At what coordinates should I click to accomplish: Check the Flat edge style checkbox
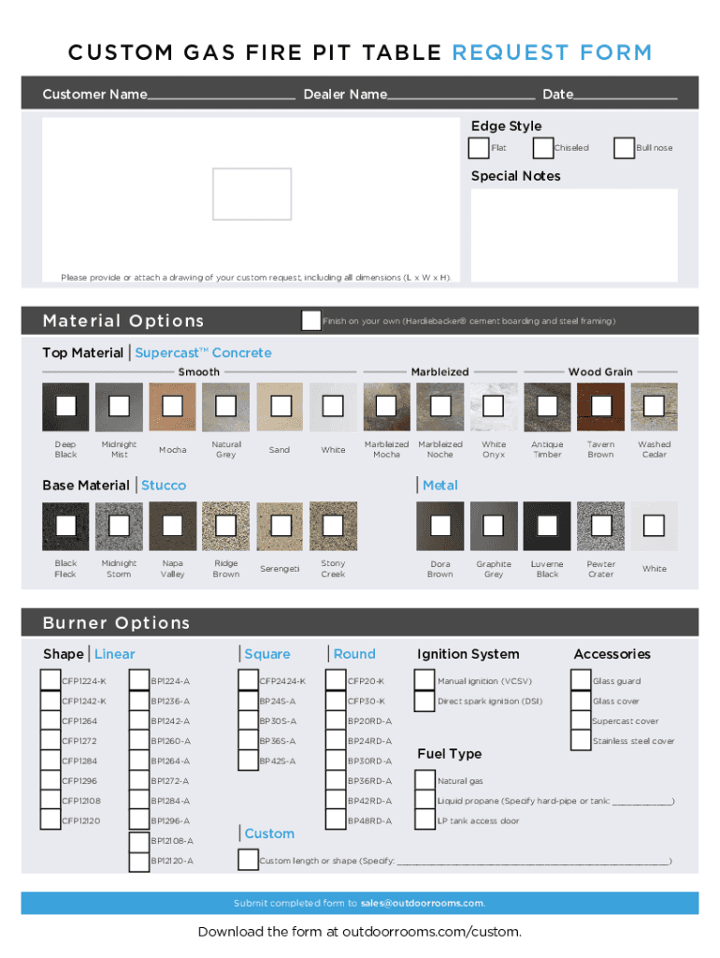(479, 148)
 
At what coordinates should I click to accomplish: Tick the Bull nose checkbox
(624, 148)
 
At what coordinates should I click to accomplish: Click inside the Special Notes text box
(574, 234)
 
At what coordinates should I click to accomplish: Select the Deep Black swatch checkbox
(65, 406)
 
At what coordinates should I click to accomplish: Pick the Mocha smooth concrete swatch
(172, 406)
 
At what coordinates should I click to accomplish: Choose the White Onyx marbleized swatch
(493, 406)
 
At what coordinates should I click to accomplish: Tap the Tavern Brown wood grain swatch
(600, 406)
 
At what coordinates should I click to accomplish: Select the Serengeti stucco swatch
(279, 526)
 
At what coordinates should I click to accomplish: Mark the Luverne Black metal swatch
(547, 526)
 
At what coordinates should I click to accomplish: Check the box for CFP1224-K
(50, 680)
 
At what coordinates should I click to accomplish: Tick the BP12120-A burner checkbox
(139, 861)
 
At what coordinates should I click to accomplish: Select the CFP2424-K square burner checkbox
(249, 680)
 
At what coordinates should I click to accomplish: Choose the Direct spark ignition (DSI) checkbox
(425, 701)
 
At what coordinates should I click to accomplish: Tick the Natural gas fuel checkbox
(425, 780)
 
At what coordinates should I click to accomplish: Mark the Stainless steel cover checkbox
(581, 741)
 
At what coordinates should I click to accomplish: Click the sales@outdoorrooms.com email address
(423, 903)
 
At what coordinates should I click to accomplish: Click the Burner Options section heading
(116, 623)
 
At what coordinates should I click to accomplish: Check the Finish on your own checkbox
(311, 321)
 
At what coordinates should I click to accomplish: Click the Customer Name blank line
(221, 95)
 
